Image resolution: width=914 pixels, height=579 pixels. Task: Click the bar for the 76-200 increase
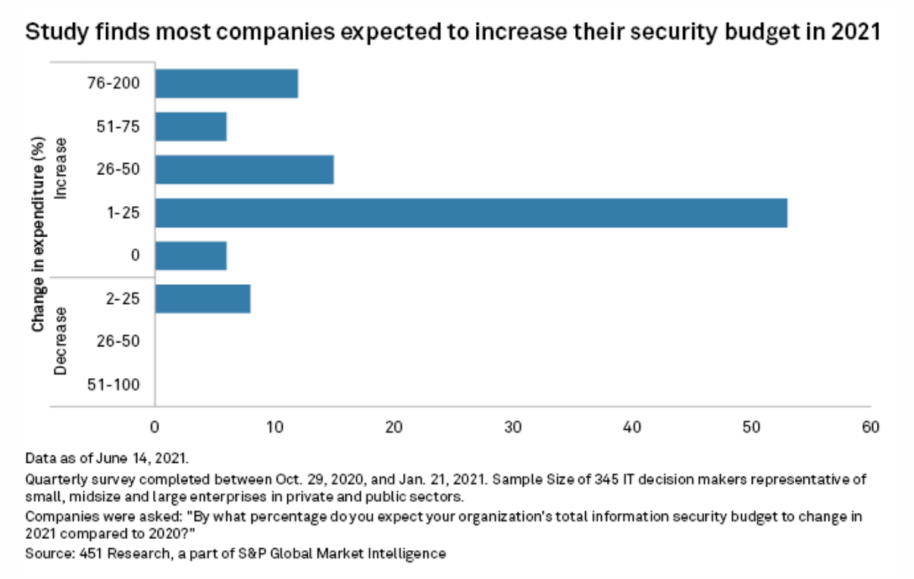[x=226, y=83]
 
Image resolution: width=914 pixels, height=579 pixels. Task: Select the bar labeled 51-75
[x=190, y=127]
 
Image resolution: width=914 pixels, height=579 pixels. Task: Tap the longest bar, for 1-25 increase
[x=471, y=213]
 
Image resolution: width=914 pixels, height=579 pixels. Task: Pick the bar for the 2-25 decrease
[x=202, y=299]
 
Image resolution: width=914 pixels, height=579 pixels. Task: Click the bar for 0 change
[x=190, y=256]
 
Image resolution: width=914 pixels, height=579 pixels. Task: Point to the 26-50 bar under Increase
[x=244, y=170]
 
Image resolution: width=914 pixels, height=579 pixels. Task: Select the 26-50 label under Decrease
[x=118, y=342]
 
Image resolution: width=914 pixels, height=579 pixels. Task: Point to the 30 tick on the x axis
[x=513, y=427]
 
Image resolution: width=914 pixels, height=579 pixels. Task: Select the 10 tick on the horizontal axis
[x=274, y=427]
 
